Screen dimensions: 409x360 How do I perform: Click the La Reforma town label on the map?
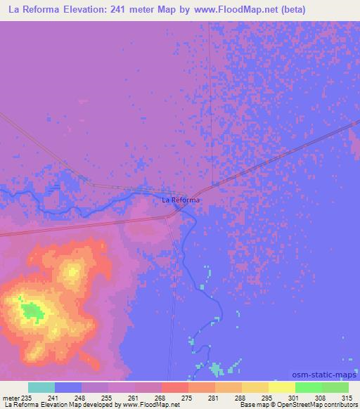pyautogui.click(x=181, y=200)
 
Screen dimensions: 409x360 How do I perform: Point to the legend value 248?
pyautogui.click(x=80, y=398)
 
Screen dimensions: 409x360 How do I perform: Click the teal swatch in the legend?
pyautogui.click(x=41, y=387)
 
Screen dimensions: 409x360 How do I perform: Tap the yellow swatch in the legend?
pyautogui.click(x=282, y=387)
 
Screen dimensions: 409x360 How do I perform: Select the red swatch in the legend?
pyautogui.click(x=175, y=387)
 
